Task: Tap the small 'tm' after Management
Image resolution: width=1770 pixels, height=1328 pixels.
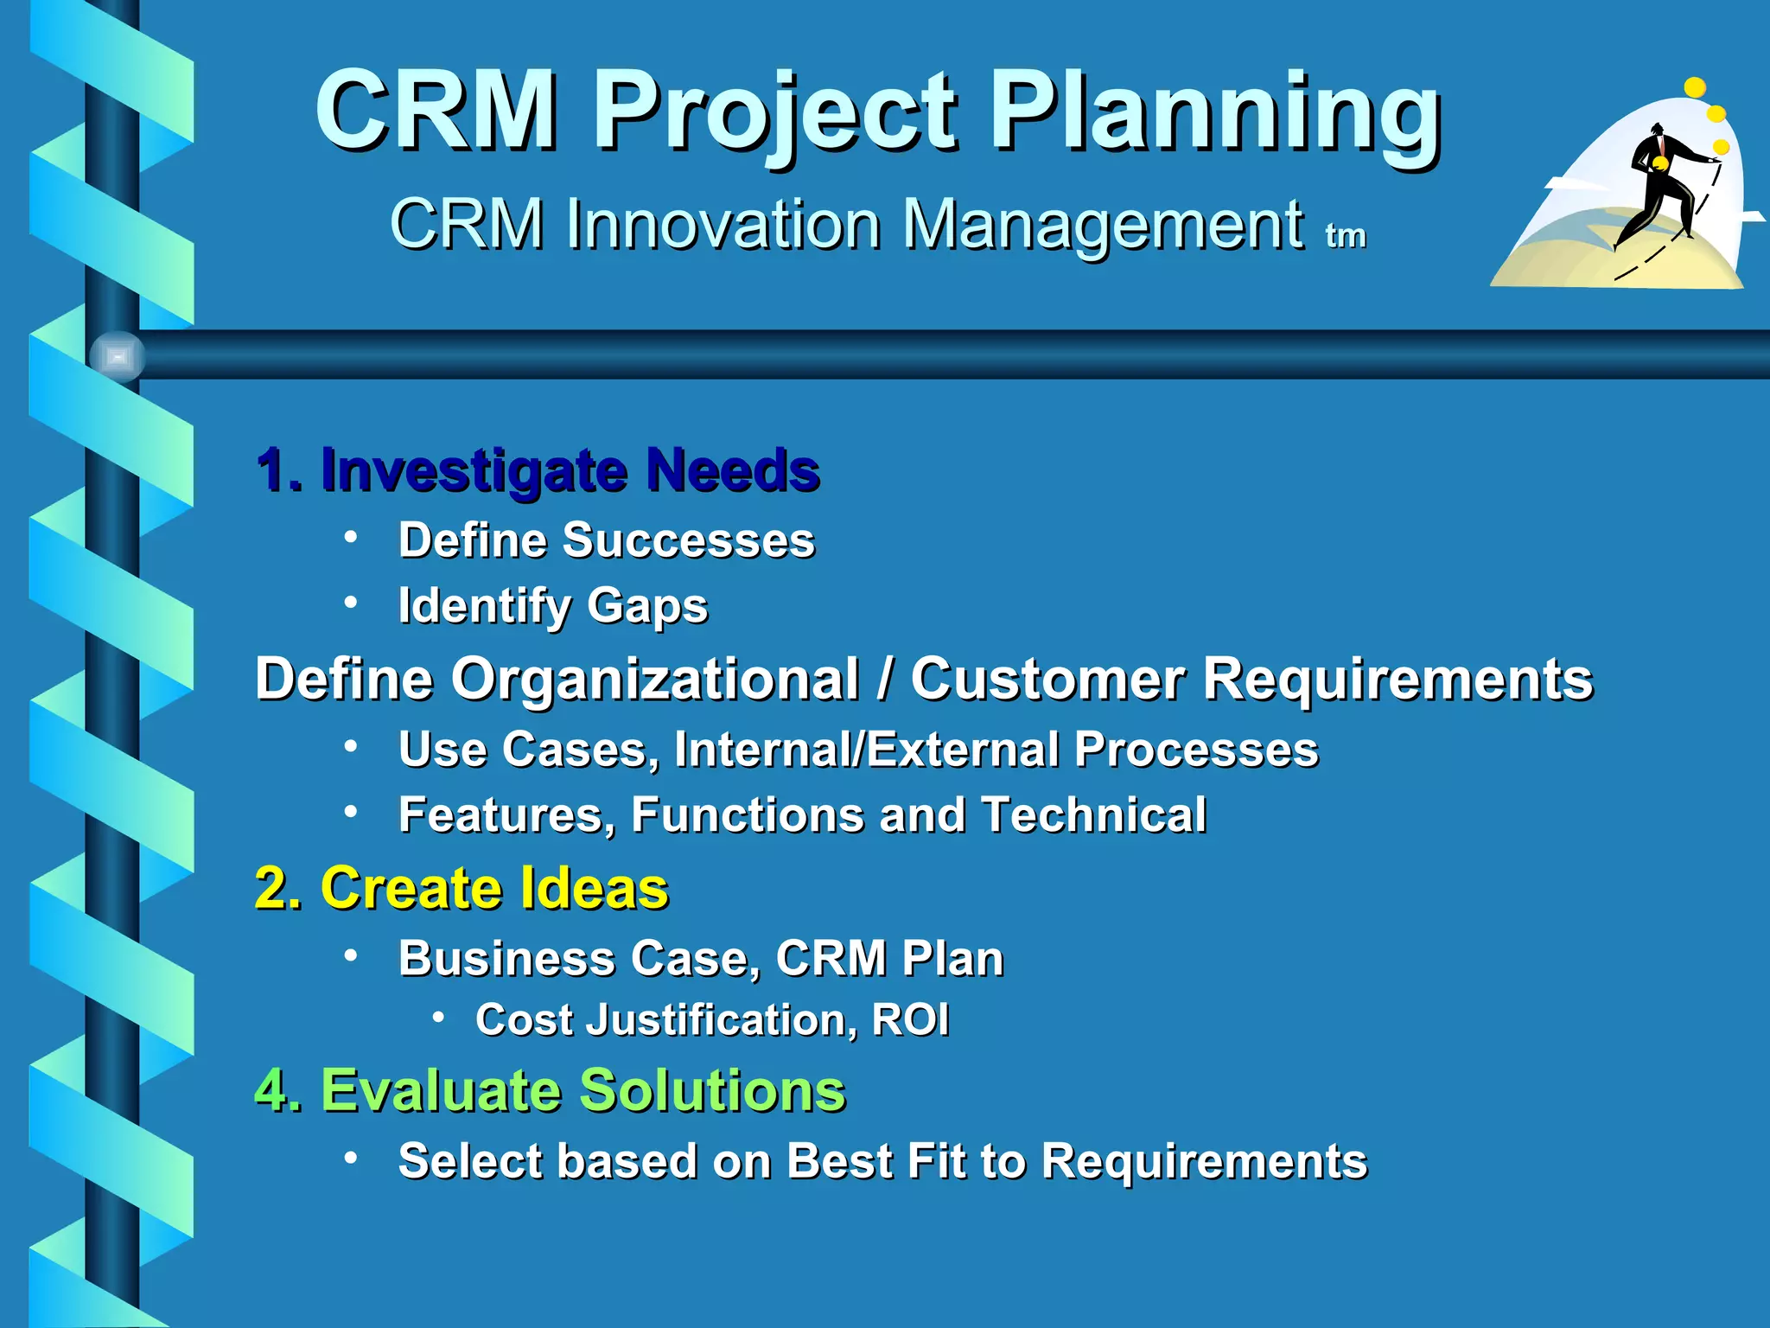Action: tap(1346, 235)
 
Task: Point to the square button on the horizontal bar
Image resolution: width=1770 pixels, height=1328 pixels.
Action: tap(118, 356)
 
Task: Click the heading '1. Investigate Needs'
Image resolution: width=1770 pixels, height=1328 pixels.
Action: tap(538, 471)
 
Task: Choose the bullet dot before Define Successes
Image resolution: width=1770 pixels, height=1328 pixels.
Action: tap(350, 538)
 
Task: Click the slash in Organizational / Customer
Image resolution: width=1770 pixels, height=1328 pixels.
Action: tap(883, 679)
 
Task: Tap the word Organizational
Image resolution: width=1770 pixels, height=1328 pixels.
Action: tap(655, 679)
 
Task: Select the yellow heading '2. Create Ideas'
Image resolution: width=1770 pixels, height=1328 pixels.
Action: tap(462, 888)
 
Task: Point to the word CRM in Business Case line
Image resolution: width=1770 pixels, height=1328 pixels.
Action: tap(831, 958)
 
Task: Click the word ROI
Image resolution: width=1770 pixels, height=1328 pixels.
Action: tap(910, 1019)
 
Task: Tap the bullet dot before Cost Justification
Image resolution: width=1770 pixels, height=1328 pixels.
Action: tap(439, 1018)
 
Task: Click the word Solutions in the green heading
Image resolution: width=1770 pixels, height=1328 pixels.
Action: tap(712, 1090)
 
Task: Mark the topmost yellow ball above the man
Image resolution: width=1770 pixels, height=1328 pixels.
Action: tap(1695, 87)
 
